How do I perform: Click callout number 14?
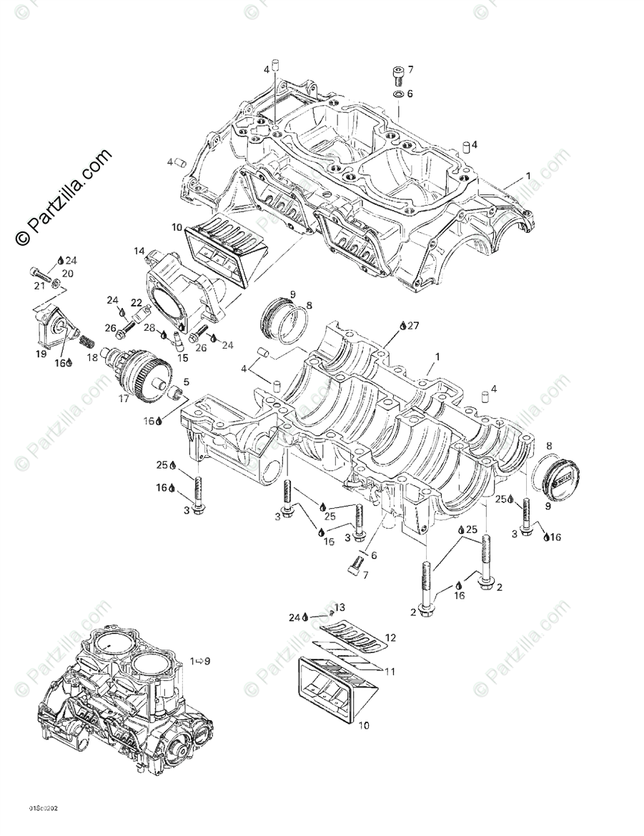tap(139, 251)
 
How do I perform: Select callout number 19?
tap(41, 353)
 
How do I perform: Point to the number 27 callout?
tap(413, 326)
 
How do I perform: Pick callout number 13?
tap(340, 607)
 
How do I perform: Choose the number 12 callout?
tap(390, 637)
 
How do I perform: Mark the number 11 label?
tap(390, 671)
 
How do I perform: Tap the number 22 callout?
tap(136, 303)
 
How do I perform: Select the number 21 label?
tap(39, 287)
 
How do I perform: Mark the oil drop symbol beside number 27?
tap(403, 326)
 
